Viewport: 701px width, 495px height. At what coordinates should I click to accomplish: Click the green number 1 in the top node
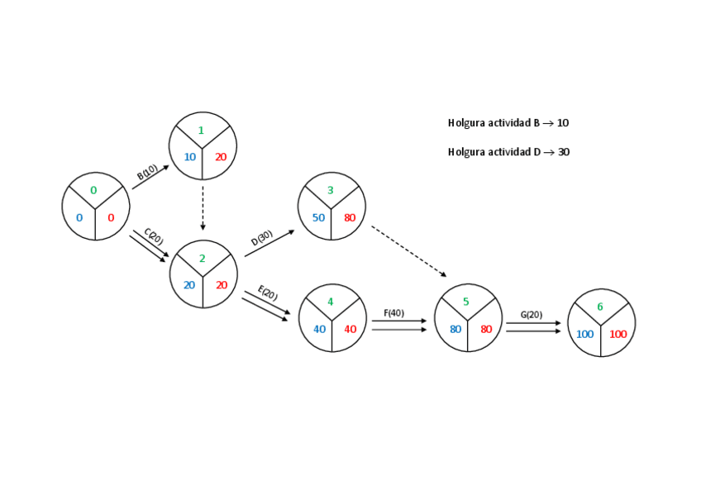(201, 131)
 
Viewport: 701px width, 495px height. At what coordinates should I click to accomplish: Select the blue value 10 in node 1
(190, 157)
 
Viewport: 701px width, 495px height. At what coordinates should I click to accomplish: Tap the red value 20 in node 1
(221, 157)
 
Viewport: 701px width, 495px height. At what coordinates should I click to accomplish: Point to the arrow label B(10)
(147, 172)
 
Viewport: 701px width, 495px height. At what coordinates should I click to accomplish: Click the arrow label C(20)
(154, 236)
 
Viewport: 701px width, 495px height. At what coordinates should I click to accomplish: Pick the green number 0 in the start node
(93, 190)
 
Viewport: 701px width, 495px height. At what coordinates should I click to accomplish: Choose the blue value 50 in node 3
(318, 218)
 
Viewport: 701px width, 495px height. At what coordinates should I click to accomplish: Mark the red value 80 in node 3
(350, 218)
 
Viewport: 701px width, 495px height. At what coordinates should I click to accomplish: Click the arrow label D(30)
(261, 238)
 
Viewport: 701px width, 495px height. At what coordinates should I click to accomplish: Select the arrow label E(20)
(268, 293)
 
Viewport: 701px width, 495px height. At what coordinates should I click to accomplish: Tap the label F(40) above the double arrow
(394, 313)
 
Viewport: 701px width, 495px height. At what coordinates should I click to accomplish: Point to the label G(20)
(532, 315)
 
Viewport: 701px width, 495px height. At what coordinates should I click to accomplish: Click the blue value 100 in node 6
(585, 335)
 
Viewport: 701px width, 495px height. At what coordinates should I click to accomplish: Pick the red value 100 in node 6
(618, 335)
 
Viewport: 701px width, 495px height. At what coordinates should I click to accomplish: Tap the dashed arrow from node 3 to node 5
(408, 251)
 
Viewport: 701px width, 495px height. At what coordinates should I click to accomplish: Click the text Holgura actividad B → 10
(508, 123)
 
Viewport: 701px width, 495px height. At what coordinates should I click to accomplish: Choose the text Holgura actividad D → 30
(508, 152)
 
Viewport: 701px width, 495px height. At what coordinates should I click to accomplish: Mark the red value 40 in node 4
(350, 329)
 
